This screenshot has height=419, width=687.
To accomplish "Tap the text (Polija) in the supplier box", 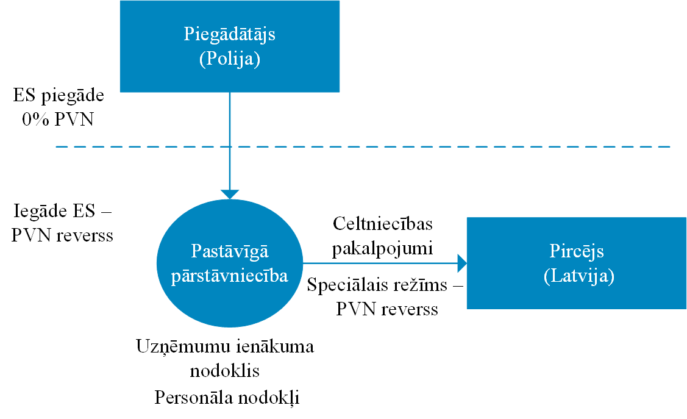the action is [x=230, y=59].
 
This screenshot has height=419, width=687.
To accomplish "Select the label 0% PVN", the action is [x=58, y=119].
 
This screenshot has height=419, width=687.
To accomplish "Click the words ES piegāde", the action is [x=59, y=96].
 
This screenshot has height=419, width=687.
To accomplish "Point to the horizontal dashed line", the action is [x=363, y=146].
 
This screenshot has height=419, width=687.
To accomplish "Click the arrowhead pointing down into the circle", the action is [x=230, y=194].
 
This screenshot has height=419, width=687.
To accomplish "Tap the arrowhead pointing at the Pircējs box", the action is [x=462, y=263].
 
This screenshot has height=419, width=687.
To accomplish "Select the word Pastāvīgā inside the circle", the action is [x=230, y=251].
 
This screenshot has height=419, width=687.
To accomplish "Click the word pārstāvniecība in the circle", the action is [x=230, y=276].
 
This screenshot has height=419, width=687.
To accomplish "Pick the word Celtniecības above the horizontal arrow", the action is [x=382, y=224].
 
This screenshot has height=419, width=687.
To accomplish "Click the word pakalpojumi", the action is [x=382, y=249].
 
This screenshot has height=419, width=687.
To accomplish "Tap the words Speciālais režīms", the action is [x=377, y=285].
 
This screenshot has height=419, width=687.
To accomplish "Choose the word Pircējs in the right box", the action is [x=577, y=251].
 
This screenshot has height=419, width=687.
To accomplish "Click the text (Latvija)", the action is [x=578, y=276].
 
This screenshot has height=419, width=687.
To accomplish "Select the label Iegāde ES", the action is [x=54, y=211].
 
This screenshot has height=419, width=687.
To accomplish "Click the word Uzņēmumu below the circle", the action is [x=183, y=347].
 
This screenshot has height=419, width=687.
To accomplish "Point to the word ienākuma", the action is [x=275, y=346].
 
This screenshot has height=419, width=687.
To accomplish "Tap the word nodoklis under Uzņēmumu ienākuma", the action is [x=225, y=371].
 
